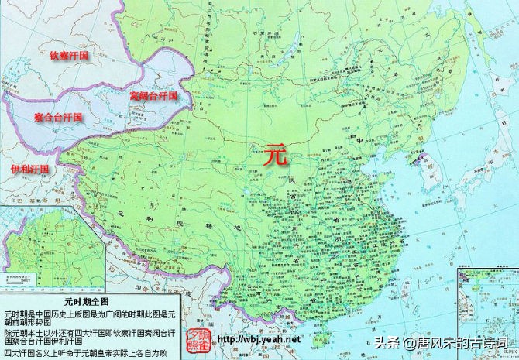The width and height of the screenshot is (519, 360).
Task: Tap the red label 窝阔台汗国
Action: [154, 97]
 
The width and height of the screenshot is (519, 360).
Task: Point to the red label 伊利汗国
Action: [29, 168]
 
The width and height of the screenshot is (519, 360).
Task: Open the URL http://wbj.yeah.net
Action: [259, 339]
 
